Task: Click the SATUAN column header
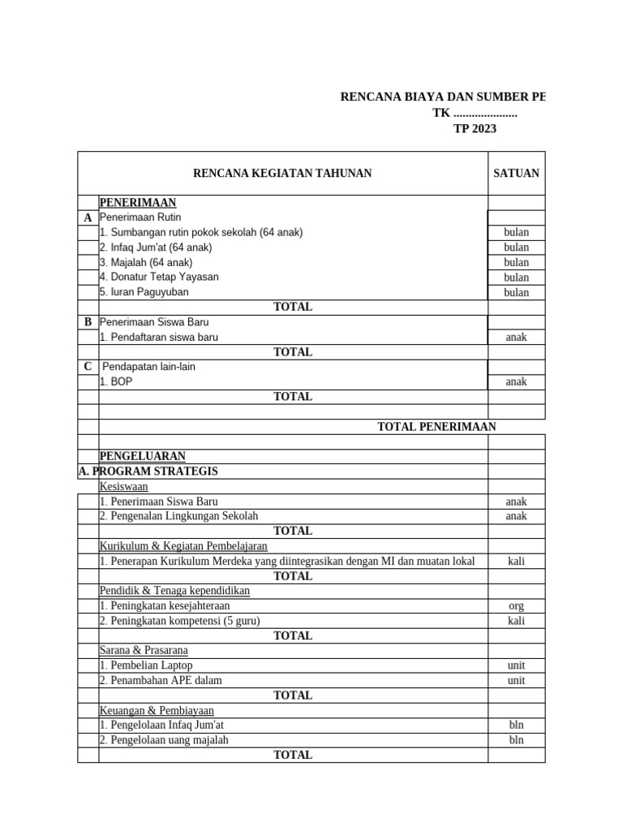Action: coord(516,173)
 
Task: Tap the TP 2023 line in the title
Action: coord(475,128)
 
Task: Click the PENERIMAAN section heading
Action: coord(137,202)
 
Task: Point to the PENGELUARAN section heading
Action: coord(142,456)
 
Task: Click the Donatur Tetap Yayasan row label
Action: coord(159,277)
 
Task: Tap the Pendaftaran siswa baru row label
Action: coord(158,337)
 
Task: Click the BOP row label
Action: coord(115,381)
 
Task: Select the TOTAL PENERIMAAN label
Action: coord(436,426)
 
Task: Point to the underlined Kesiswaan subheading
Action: coord(123,486)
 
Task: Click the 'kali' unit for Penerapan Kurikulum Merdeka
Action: coord(516,561)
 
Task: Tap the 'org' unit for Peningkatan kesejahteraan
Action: coord(516,605)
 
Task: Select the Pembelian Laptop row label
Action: coord(146,665)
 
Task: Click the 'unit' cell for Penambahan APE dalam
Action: coord(516,680)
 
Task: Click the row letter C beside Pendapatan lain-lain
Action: coord(88,367)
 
